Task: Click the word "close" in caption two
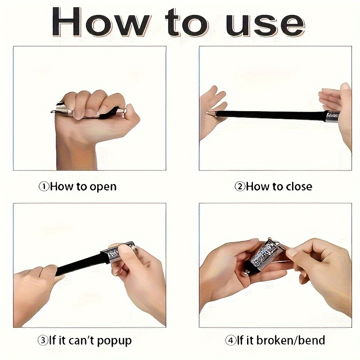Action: coord(297,186)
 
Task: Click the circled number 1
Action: coord(44,186)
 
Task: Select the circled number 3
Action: coord(43,340)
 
